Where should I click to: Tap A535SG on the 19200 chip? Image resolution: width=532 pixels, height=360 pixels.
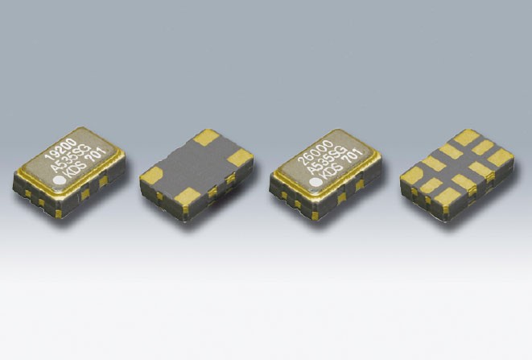(x=71, y=158)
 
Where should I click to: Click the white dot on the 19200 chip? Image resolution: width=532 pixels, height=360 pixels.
(x=59, y=180)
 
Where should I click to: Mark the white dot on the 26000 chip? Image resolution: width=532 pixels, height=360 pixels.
(x=315, y=183)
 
